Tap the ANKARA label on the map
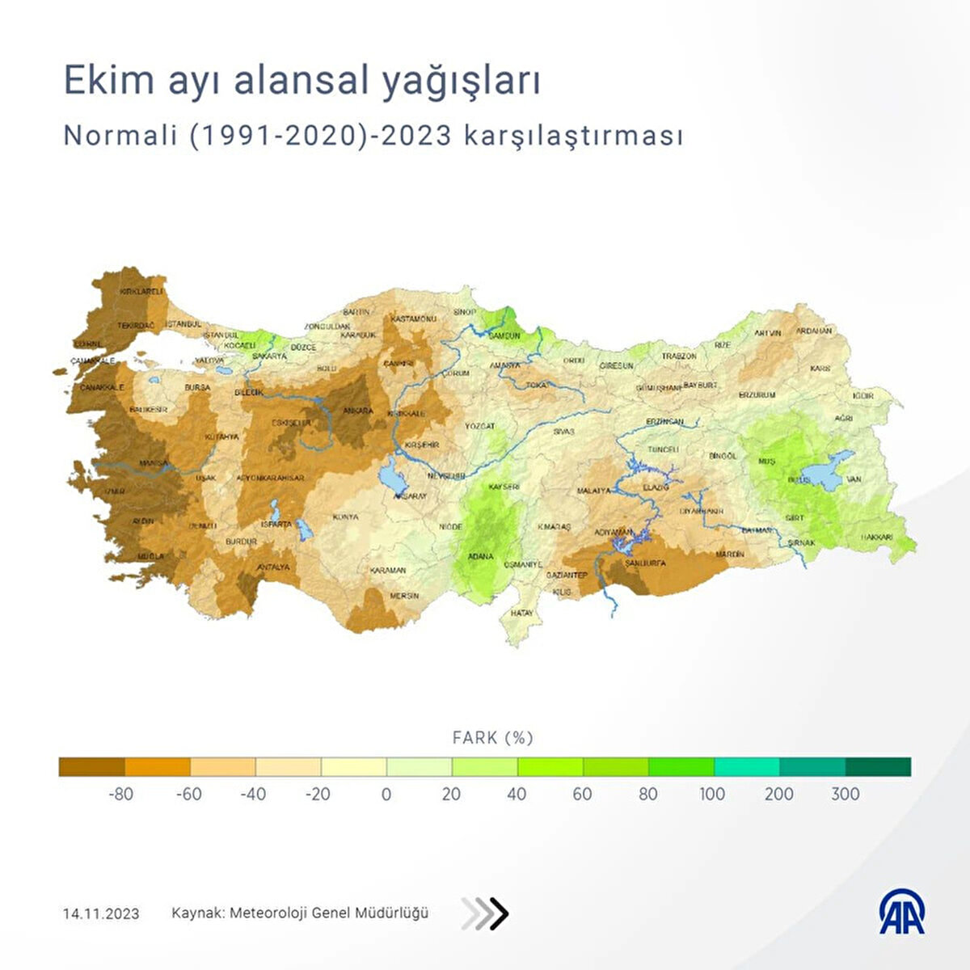pos(358,411)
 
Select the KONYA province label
pos(345,517)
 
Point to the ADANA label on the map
pos(480,557)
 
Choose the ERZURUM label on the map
pos(757,395)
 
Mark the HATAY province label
pos(521,614)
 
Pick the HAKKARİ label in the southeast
pos(876,538)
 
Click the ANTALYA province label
pos(273,567)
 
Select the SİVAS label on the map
pos(563,432)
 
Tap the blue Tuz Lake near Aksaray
pos(391,475)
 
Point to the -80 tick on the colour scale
pos(120,794)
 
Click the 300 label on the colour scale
pos(845,794)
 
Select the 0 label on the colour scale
pos(386,794)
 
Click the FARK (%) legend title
pos(492,738)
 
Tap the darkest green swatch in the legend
pos(878,766)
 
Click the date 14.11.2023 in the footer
pos(101,914)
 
